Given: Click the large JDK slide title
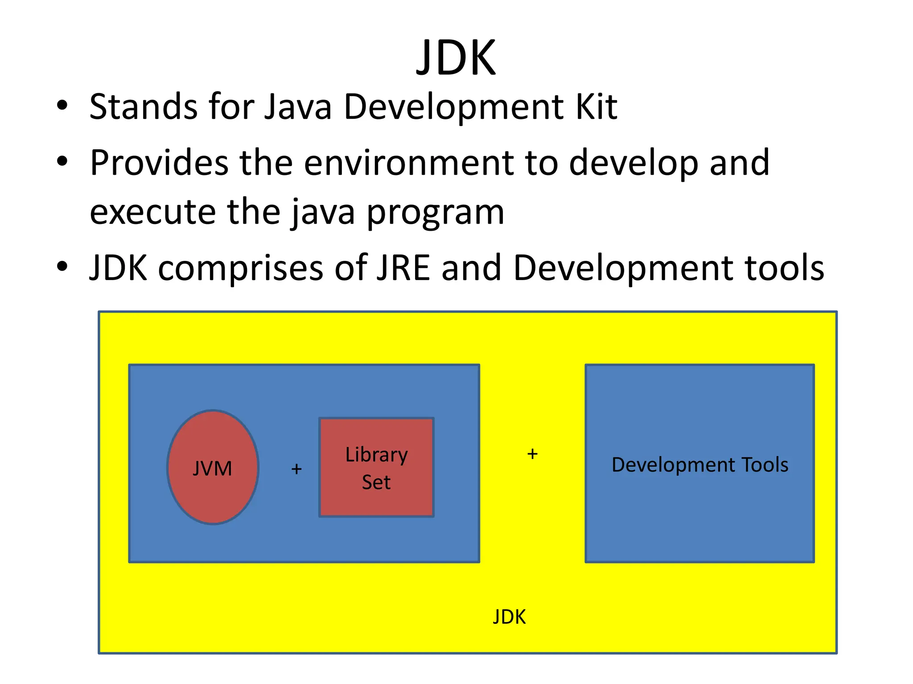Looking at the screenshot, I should click(456, 58).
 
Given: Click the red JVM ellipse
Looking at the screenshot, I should click(213, 467).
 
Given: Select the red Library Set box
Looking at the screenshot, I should click(376, 467).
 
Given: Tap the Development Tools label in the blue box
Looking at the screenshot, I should click(699, 465).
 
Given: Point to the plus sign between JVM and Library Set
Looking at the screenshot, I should click(296, 469).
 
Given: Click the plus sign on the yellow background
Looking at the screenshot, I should click(532, 454).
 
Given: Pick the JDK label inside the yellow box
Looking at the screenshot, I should click(509, 617).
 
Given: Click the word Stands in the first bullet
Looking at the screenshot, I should click(143, 107).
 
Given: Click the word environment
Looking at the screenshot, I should click(409, 163).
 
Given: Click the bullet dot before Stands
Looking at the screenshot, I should click(62, 106).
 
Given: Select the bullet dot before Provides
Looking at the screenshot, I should click(62, 161).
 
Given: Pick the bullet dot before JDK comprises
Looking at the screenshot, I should click(62, 266).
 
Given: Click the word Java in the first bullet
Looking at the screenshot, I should click(298, 107).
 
